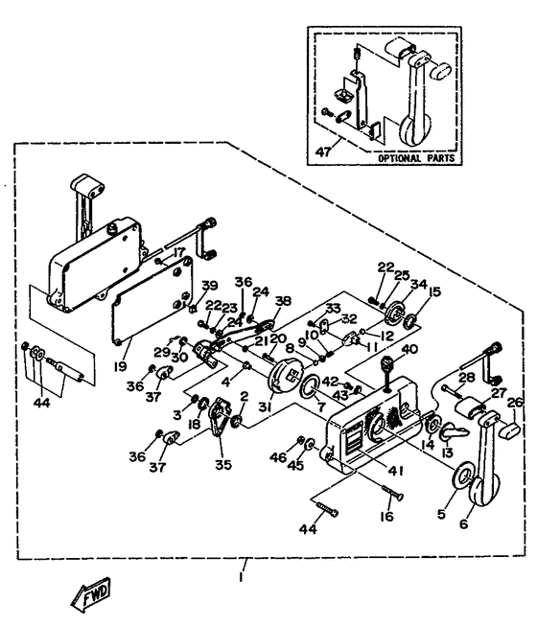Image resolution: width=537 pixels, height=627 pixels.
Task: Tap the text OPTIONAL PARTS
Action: (416, 158)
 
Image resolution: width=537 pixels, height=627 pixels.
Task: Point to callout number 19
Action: (121, 365)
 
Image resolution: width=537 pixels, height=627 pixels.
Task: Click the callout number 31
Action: (265, 407)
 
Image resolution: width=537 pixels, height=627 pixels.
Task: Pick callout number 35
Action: (223, 465)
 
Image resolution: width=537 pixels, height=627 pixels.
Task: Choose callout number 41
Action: (396, 471)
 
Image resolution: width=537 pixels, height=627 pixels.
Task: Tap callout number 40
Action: (409, 350)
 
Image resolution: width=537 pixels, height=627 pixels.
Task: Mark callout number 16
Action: (387, 516)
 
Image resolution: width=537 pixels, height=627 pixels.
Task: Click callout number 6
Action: (464, 523)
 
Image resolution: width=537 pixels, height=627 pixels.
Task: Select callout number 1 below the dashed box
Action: (241, 577)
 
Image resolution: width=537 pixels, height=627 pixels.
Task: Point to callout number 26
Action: (515, 403)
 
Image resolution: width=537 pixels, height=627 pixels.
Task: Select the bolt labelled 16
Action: (392, 492)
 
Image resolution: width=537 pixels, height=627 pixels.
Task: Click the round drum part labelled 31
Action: (284, 376)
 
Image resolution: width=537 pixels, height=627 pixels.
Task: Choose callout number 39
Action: (209, 286)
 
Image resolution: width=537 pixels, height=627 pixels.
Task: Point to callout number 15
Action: (433, 291)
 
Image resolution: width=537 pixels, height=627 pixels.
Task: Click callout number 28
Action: (467, 378)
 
